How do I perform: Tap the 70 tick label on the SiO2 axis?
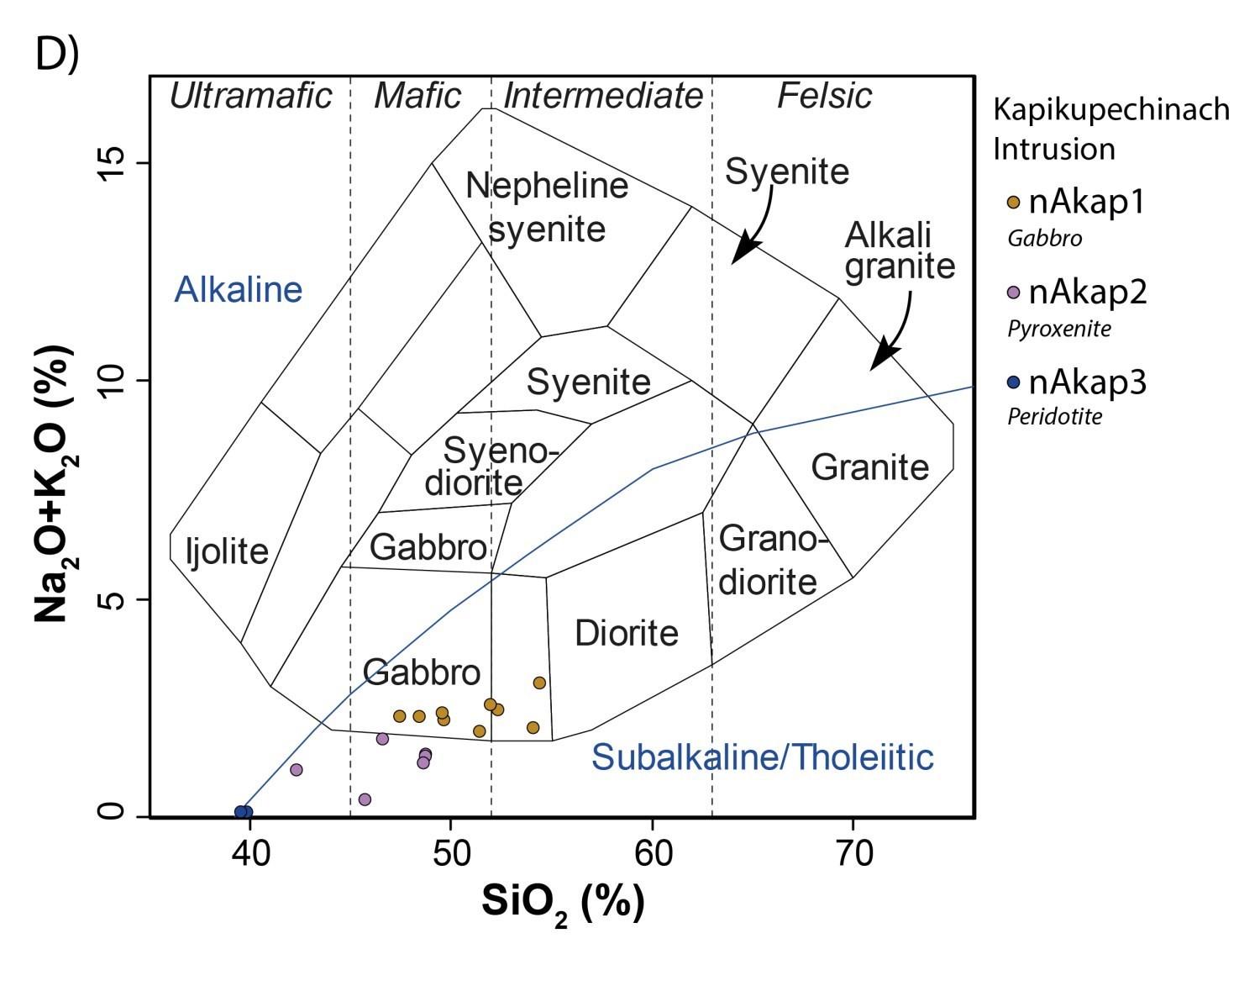pyautogui.click(x=853, y=854)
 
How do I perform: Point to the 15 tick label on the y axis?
pyautogui.click(x=112, y=163)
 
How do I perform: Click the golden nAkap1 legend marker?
pyautogui.click(x=1014, y=202)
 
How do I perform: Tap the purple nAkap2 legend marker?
pyautogui.click(x=1014, y=293)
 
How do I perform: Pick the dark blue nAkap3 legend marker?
pyautogui.click(x=1014, y=382)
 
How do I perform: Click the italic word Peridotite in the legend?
pyautogui.click(x=1055, y=416)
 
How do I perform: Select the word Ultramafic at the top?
pyautogui.click(x=251, y=96)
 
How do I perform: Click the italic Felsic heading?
pyautogui.click(x=825, y=96)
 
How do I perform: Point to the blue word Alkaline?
pyautogui.click(x=239, y=289)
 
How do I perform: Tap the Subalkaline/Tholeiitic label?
pyautogui.click(x=763, y=757)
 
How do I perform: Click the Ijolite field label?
pyautogui.click(x=228, y=551)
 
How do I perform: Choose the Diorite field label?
pyautogui.click(x=627, y=633)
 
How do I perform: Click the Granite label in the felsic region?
pyautogui.click(x=869, y=467)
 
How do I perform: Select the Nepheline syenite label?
pyautogui.click(x=547, y=208)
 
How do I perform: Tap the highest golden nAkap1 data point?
pyautogui.click(x=539, y=683)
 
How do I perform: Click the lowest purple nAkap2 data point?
pyautogui.click(x=365, y=800)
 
